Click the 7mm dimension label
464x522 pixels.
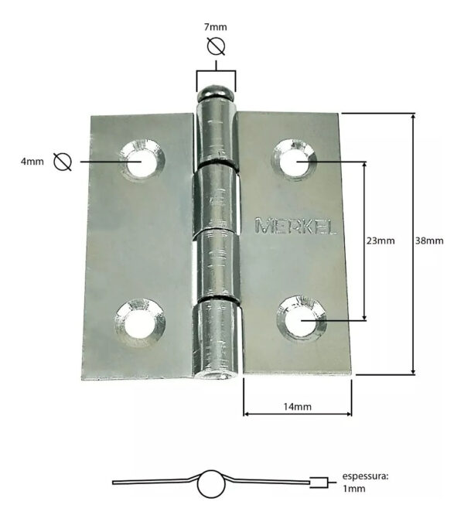[x=216, y=27]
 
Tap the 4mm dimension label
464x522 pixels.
[x=32, y=162]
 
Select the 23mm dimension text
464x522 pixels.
[x=380, y=241]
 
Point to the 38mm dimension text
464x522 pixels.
[x=429, y=241]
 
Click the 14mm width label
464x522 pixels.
[x=298, y=407]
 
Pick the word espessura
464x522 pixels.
[x=366, y=476]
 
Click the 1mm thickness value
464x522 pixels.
[x=354, y=489]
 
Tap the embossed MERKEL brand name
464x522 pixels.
[x=295, y=226]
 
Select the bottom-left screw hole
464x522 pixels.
[x=140, y=323]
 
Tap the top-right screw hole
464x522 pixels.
[x=294, y=160]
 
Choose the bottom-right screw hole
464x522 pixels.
[x=302, y=319]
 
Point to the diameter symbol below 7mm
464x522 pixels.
[x=216, y=46]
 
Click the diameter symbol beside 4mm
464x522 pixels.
[x=63, y=162]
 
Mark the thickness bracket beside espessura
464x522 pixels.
[x=319, y=483]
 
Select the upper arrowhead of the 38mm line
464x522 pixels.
[x=414, y=118]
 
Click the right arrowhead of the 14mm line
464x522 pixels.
[x=349, y=414]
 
